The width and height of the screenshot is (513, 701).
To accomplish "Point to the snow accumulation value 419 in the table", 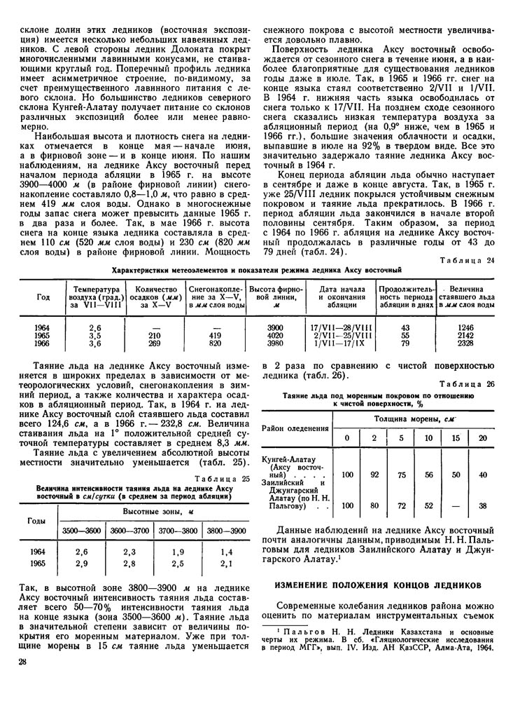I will coord(214,335).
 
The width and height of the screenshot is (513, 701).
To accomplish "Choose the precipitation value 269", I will coord(155,343).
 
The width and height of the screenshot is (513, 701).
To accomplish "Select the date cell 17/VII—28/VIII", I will coord(341,327).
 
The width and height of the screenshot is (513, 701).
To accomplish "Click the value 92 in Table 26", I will coord(374,475).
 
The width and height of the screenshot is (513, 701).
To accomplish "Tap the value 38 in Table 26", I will coord(482,505).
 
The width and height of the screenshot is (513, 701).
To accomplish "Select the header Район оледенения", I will coord(295,428).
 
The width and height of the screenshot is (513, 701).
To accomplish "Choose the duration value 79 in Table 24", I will coord(405,343).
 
